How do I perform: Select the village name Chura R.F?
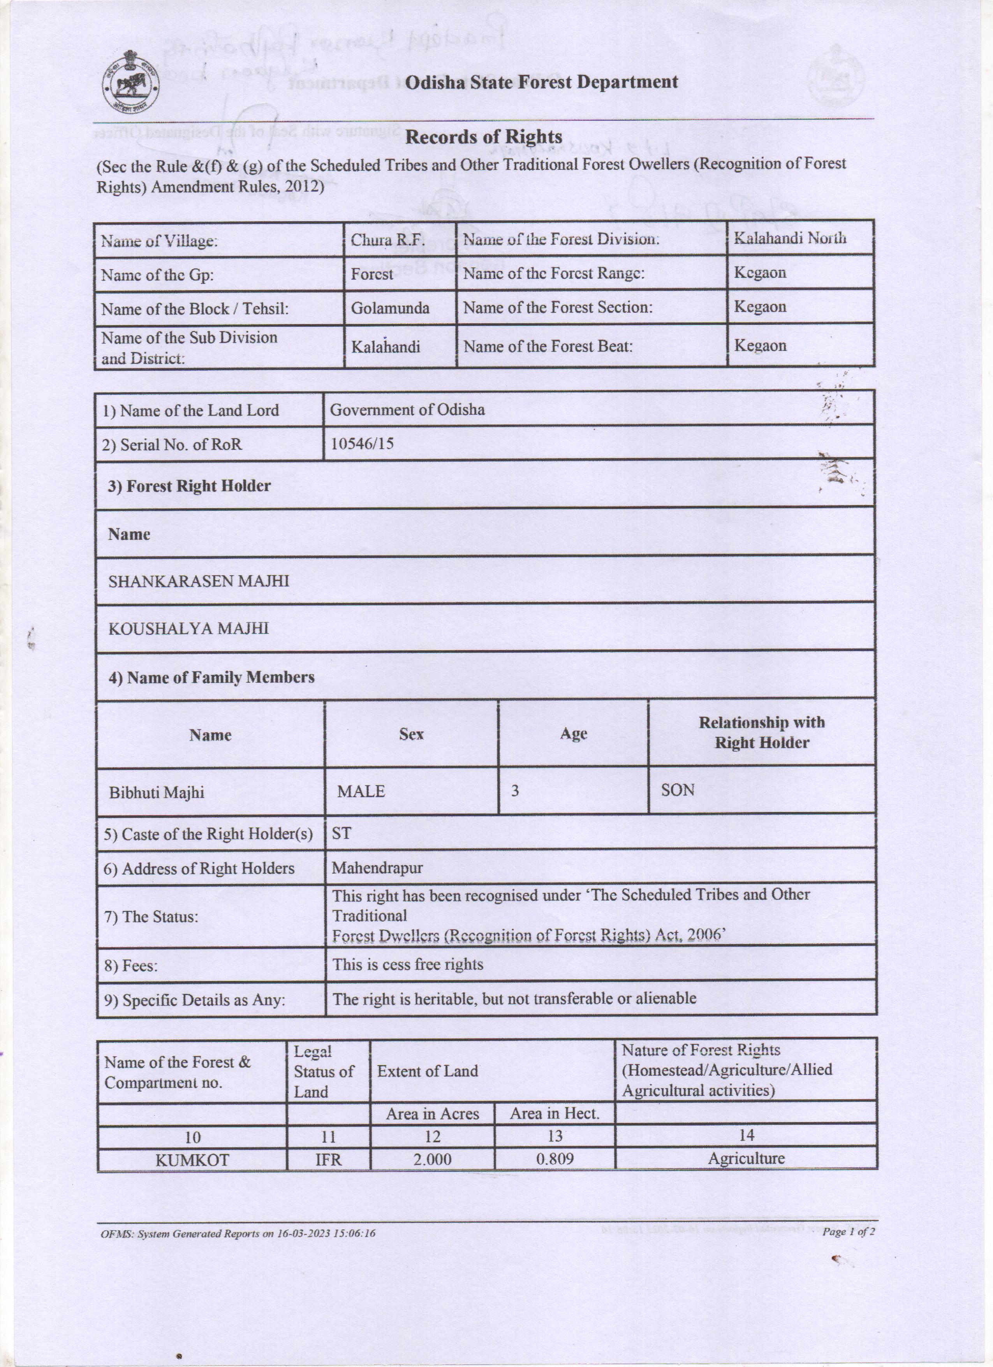click(387, 240)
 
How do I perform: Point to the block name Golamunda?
click(390, 308)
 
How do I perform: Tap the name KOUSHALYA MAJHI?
click(188, 629)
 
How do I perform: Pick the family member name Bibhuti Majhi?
click(157, 792)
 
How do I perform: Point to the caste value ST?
click(341, 833)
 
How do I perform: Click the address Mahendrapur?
click(377, 868)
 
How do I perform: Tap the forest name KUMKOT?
click(192, 1160)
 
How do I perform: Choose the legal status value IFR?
click(328, 1160)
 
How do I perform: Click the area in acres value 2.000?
click(432, 1160)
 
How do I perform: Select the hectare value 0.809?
click(555, 1159)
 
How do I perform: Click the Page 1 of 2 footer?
click(849, 1231)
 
